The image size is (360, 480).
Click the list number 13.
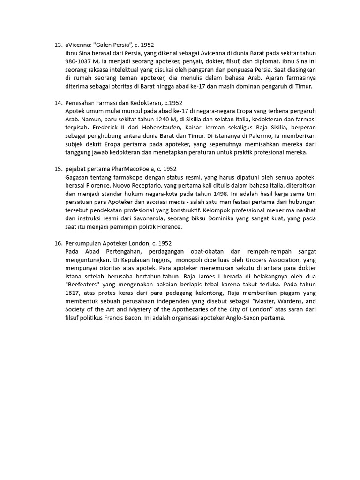point(58,45)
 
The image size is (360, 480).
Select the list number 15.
point(58,169)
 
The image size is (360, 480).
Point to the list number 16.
point(58,243)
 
